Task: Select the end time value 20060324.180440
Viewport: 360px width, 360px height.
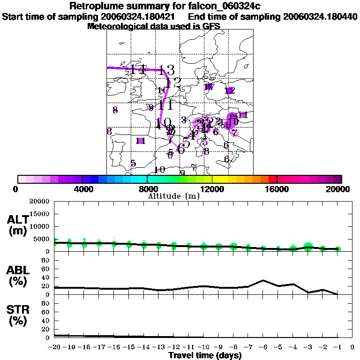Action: click(320, 17)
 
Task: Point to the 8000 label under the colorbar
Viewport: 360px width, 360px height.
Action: click(147, 189)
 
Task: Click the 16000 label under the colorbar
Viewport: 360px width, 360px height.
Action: click(277, 189)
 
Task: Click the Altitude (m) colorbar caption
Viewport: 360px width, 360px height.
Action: click(173, 195)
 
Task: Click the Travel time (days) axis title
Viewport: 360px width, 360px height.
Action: click(205, 356)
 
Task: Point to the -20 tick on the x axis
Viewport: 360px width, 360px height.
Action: click(55, 347)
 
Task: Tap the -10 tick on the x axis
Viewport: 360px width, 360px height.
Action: click(203, 347)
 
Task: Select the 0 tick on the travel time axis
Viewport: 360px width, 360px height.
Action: click(352, 347)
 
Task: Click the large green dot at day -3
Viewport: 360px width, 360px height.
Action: click(308, 247)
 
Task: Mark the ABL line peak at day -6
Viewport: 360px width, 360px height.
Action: click(263, 280)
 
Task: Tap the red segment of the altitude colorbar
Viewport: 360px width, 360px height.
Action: click(272, 179)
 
